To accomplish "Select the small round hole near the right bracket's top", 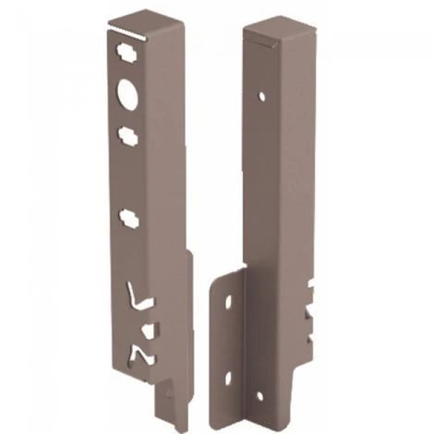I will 263,95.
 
